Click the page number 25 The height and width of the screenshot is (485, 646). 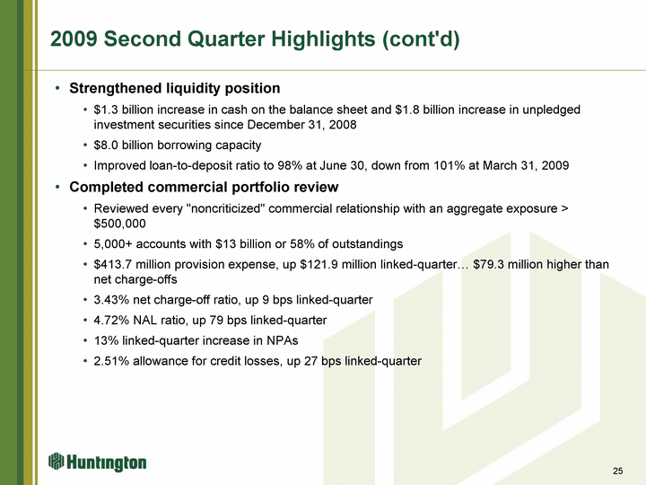pyautogui.click(x=617, y=471)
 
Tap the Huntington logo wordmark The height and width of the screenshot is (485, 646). pyautogui.click(x=106, y=463)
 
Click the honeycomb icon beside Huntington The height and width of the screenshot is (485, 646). pyautogui.click(x=56, y=461)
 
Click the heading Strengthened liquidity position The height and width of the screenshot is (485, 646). pyautogui.click(x=175, y=88)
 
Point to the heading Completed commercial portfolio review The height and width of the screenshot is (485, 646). pyautogui.click(x=204, y=187)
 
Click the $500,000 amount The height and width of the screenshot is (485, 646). pyautogui.click(x=120, y=224)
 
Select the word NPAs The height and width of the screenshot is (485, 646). pyautogui.click(x=283, y=340)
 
